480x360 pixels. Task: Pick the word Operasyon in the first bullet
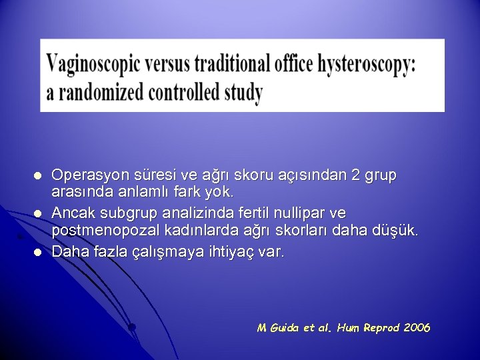[x=86, y=175]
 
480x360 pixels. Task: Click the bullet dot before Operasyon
[x=39, y=176]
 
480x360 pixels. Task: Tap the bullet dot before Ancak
[x=39, y=214]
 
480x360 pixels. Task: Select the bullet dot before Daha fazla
[x=39, y=253]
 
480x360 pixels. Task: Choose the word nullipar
[x=302, y=213]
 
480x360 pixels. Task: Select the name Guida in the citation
[x=284, y=328]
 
